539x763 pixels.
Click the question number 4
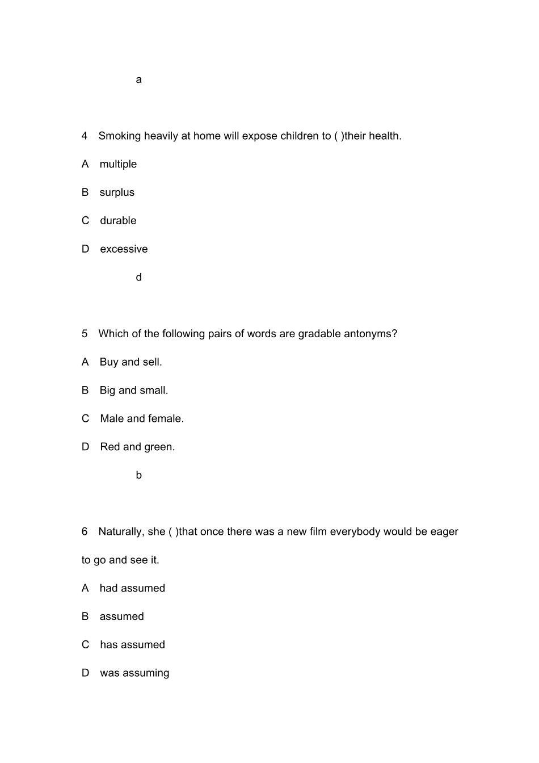(85, 136)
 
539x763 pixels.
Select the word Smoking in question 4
(119, 136)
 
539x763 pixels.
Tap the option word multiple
(118, 165)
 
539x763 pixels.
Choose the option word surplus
(117, 192)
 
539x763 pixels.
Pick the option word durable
(118, 221)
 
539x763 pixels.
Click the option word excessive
(124, 249)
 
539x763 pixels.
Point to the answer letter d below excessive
(139, 278)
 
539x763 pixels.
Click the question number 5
(85, 334)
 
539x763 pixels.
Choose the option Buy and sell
(130, 362)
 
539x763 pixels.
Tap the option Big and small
(134, 391)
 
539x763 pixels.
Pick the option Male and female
(142, 419)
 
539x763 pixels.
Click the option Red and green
(137, 447)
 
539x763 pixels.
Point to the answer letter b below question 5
(139, 475)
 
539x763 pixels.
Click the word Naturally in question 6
(121, 532)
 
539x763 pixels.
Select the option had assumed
(132, 589)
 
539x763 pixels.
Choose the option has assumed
(132, 645)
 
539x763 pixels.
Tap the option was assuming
(134, 673)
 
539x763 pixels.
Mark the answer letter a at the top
(139, 80)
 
